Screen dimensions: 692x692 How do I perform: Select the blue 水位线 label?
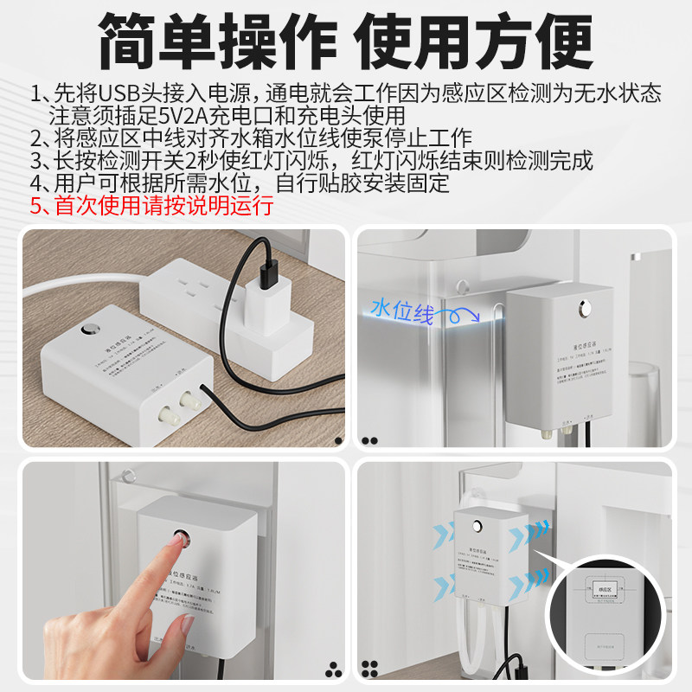(401, 311)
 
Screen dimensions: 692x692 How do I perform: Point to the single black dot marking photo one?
(338, 440)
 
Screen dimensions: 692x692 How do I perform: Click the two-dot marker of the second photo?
(370, 440)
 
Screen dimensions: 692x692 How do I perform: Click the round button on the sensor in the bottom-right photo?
(478, 524)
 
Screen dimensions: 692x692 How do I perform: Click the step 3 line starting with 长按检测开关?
(311, 160)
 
